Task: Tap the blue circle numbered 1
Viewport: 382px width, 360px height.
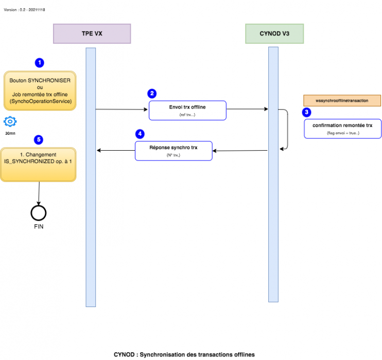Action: pos(39,63)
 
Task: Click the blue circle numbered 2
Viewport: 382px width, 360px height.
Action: pos(152,94)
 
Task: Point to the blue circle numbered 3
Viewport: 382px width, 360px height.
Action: pos(307,112)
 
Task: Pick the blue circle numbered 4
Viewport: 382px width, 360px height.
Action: pos(140,133)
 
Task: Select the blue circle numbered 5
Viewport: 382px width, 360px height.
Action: pos(38,139)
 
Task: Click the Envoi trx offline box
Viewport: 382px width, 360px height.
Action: pos(187,110)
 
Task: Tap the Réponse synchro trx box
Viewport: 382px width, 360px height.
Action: pos(173,151)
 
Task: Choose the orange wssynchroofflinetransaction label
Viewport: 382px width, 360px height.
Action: pos(342,101)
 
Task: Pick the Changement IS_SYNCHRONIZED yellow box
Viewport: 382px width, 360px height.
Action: pos(38,165)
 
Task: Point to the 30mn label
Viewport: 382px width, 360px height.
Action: pos(10,133)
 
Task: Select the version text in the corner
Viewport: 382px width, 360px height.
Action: pos(24,9)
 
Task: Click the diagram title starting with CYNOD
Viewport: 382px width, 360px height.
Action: pos(184,354)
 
